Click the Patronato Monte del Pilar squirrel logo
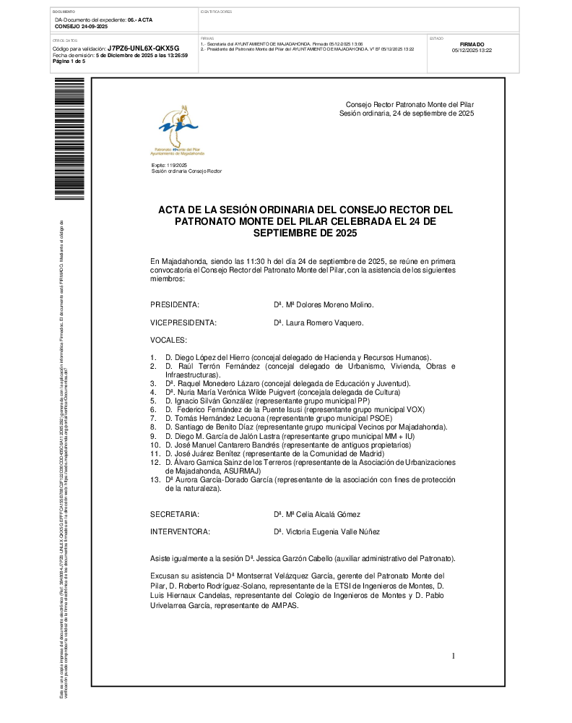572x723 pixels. [177, 128]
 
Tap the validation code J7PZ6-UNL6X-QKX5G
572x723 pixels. [142, 48]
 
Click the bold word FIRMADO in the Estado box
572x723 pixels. [472, 44]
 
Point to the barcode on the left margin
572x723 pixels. [69, 137]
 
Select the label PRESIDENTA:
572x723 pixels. [175, 305]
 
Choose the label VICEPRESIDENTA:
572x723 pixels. [183, 322]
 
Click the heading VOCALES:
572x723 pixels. [168, 340]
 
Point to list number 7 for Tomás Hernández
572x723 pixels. [153, 419]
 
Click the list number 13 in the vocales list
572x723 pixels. [155, 480]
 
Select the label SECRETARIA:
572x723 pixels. [174, 514]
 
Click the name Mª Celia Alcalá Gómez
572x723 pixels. [321, 514]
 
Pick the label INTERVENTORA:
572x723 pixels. [180, 532]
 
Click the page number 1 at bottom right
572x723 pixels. [454, 656]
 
